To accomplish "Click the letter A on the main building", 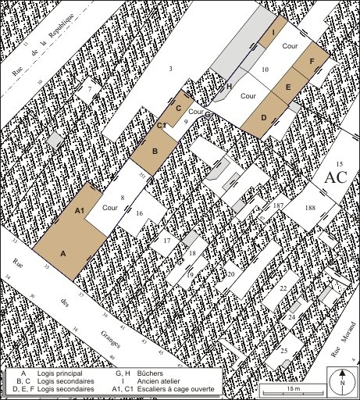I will click(63, 253).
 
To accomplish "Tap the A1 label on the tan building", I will click(79, 211).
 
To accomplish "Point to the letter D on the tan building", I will click(263, 117).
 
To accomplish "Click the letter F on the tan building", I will click(312, 59).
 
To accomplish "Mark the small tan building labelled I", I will click(273, 34).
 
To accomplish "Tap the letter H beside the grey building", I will click(230, 86).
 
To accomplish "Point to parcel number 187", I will click(278, 205).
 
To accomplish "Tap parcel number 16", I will click(138, 213).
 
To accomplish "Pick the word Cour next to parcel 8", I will click(109, 208).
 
